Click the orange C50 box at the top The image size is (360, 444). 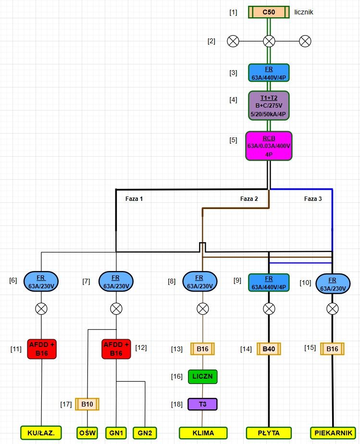[x=269, y=12]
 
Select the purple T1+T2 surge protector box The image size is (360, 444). [x=269, y=106]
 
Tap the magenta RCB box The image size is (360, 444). [x=269, y=146]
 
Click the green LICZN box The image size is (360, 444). [x=202, y=377]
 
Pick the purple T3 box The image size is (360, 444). [x=202, y=404]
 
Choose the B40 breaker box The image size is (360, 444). [x=269, y=349]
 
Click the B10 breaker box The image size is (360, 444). [x=87, y=404]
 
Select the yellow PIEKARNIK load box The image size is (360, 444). [x=333, y=433]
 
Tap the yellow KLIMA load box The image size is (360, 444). [x=203, y=433]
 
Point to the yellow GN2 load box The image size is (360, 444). [x=145, y=433]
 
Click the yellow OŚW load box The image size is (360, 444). [x=87, y=433]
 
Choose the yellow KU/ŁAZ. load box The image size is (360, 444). [x=41, y=433]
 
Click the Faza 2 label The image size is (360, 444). [x=249, y=199]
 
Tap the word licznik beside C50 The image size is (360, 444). [x=304, y=12]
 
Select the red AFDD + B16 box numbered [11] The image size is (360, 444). [x=42, y=349]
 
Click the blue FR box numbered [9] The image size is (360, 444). [x=269, y=283]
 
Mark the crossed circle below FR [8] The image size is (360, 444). [x=202, y=308]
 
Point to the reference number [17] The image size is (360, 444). [x=66, y=404]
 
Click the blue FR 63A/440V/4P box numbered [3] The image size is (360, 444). [x=269, y=73]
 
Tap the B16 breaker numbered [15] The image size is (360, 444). [x=332, y=349]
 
